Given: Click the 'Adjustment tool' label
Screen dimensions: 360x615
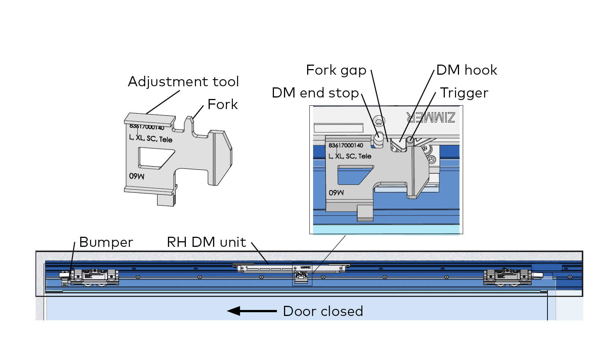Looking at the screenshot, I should point(183,82).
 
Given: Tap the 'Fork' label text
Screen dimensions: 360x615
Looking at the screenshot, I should point(222,105).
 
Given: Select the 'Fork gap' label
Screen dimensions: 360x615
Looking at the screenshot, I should point(336,70).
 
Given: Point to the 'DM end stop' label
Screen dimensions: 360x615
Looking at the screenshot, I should point(315,93).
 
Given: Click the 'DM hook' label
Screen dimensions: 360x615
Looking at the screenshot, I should point(466,70).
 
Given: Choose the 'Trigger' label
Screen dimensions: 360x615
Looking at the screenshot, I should point(464,93).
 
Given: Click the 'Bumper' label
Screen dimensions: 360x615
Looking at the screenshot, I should point(106,242).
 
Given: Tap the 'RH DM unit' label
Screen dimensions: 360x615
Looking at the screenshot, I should point(206,242).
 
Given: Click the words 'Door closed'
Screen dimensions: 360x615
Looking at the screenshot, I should point(323,311).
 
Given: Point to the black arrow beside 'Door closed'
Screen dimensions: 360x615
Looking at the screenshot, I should point(252,311).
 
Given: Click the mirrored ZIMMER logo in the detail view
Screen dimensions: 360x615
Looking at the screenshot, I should point(431,118).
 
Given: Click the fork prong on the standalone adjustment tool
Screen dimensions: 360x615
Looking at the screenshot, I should point(189,125).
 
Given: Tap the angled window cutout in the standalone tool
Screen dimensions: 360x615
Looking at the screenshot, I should point(155,158).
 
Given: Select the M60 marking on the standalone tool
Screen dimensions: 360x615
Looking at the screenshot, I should point(137,176).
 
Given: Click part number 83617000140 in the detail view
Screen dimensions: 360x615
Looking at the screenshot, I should point(346,145).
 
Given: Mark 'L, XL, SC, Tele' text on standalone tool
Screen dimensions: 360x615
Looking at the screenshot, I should point(151,139).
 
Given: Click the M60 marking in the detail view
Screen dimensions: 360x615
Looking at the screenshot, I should point(336,193).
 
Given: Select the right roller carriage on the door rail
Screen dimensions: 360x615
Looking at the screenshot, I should point(508,277).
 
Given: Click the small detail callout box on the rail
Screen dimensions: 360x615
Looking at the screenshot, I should point(302,275).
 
